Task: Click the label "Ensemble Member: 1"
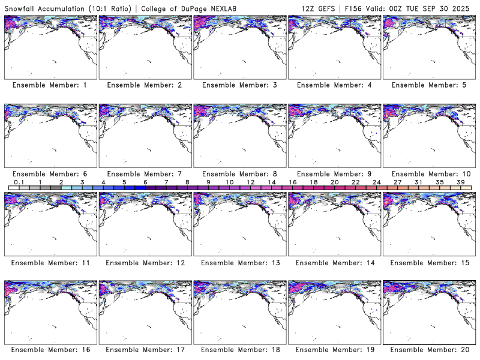point(50,85)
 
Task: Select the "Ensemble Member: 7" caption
point(145,174)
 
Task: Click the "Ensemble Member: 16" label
point(50,350)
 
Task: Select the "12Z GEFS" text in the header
point(319,7)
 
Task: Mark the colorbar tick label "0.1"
point(19,182)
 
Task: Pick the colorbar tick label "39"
point(461,182)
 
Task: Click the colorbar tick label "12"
point(250,182)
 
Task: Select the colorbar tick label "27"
point(397,182)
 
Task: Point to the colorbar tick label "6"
point(145,182)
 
